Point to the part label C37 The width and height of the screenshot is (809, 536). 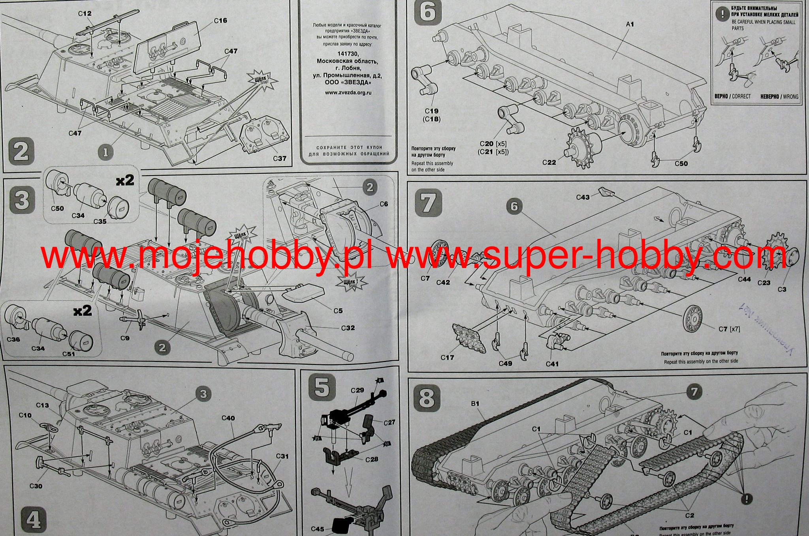pyautogui.click(x=280, y=158)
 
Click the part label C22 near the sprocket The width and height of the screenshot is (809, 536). pyautogui.click(x=549, y=162)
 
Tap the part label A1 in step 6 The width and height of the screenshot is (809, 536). pyautogui.click(x=630, y=24)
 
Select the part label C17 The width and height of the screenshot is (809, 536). pyautogui.click(x=448, y=358)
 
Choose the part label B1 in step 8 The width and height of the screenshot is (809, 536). pyautogui.click(x=474, y=404)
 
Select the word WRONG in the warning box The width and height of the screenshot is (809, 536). pyautogui.click(x=790, y=96)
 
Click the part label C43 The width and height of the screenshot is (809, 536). pyautogui.click(x=583, y=197)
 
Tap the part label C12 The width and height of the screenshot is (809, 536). pyautogui.click(x=85, y=13)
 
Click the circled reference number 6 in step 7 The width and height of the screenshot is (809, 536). pyautogui.click(x=514, y=206)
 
